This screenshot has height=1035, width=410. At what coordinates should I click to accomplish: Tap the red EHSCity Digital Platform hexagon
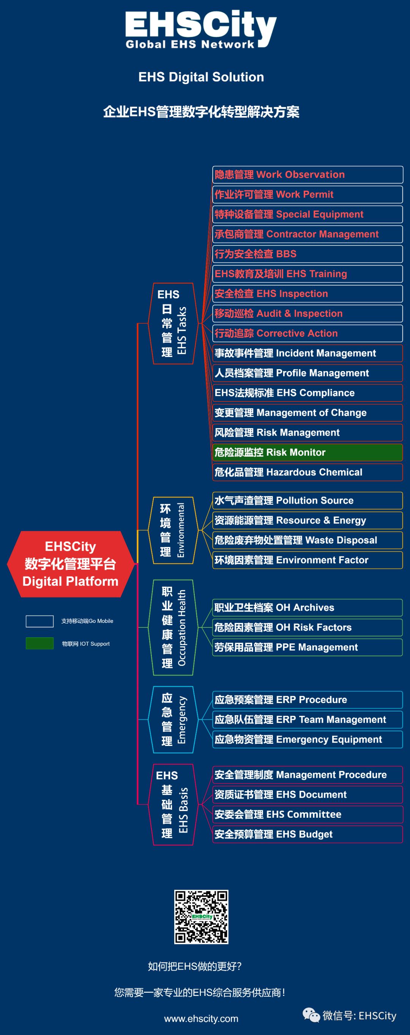(x=71, y=564)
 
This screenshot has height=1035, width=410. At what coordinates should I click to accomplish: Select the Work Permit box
(x=307, y=194)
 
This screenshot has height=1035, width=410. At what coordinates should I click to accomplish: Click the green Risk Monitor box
(x=307, y=452)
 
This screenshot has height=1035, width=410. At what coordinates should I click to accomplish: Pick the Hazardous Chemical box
(x=307, y=472)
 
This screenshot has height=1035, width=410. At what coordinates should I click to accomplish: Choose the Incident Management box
(x=307, y=353)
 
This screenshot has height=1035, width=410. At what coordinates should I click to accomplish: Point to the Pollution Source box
(x=307, y=501)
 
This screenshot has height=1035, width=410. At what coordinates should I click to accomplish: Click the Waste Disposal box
(x=307, y=540)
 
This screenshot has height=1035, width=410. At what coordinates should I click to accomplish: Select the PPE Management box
(x=307, y=647)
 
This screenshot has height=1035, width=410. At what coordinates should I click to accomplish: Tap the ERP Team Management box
(x=307, y=720)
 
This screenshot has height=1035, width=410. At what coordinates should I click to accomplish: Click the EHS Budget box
(x=307, y=834)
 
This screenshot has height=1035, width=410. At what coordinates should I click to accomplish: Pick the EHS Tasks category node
(x=173, y=324)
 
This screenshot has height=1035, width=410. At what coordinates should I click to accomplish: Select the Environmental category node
(x=173, y=530)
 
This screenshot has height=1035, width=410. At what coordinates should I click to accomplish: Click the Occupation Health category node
(x=173, y=627)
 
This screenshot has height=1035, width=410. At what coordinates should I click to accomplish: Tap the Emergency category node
(x=173, y=720)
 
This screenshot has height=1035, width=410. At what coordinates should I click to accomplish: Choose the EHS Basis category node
(x=173, y=804)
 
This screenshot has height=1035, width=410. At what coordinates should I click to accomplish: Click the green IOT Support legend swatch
(x=40, y=643)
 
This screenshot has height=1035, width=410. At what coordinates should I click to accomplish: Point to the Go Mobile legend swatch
(x=40, y=621)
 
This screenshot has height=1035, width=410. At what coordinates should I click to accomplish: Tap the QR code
(x=201, y=917)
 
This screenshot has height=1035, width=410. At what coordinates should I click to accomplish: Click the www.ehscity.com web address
(x=201, y=1019)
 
